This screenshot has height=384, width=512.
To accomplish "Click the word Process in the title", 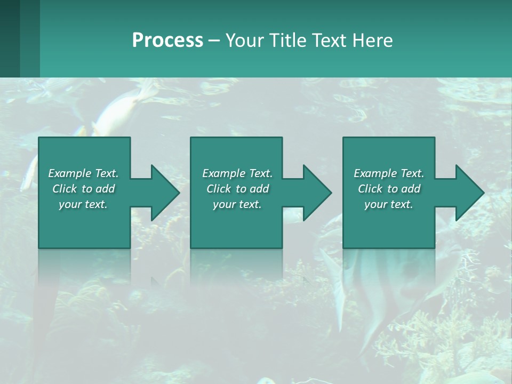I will (x=167, y=41).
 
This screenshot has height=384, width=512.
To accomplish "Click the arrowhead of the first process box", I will (x=165, y=193).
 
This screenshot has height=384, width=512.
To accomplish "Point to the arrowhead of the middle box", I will (x=317, y=193).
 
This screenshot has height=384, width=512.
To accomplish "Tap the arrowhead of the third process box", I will (x=469, y=193).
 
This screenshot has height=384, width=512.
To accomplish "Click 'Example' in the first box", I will (x=70, y=173).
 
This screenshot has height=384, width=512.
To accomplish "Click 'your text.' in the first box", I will (x=83, y=204).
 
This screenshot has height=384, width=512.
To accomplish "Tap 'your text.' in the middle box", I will (x=237, y=204).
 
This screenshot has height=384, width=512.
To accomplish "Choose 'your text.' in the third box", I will (x=389, y=204).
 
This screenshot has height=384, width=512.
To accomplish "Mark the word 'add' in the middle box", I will (x=259, y=189).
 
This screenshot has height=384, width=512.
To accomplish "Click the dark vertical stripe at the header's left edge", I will (x=10, y=38).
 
